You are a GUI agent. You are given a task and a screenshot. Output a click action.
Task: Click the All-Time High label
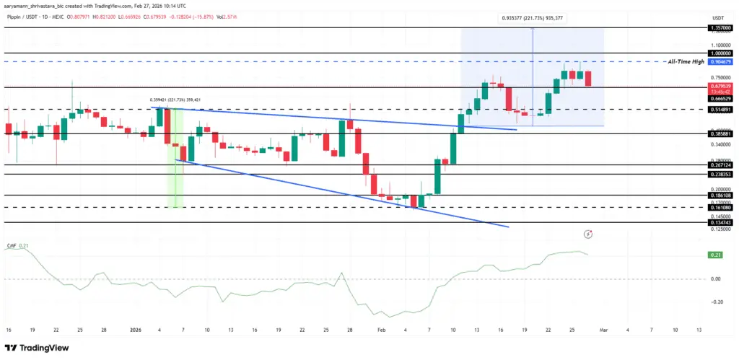[x=686, y=62]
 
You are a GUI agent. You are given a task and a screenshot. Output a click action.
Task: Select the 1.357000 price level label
[x=722, y=27]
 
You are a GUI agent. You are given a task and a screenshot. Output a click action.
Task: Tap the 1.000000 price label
[x=722, y=53]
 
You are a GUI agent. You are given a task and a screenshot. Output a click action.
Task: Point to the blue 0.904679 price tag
[x=722, y=63]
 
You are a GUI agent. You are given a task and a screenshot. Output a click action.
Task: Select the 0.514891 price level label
[x=722, y=110]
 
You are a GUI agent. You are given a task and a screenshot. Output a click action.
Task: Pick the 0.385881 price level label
[x=722, y=134]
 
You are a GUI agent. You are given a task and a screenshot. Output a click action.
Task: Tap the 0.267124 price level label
[x=722, y=165]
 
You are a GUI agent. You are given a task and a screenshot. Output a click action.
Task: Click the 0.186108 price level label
[x=722, y=196]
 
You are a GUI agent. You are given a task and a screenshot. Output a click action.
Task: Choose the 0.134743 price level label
[x=722, y=223]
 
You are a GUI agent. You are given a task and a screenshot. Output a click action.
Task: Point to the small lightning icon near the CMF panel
[x=590, y=234]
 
